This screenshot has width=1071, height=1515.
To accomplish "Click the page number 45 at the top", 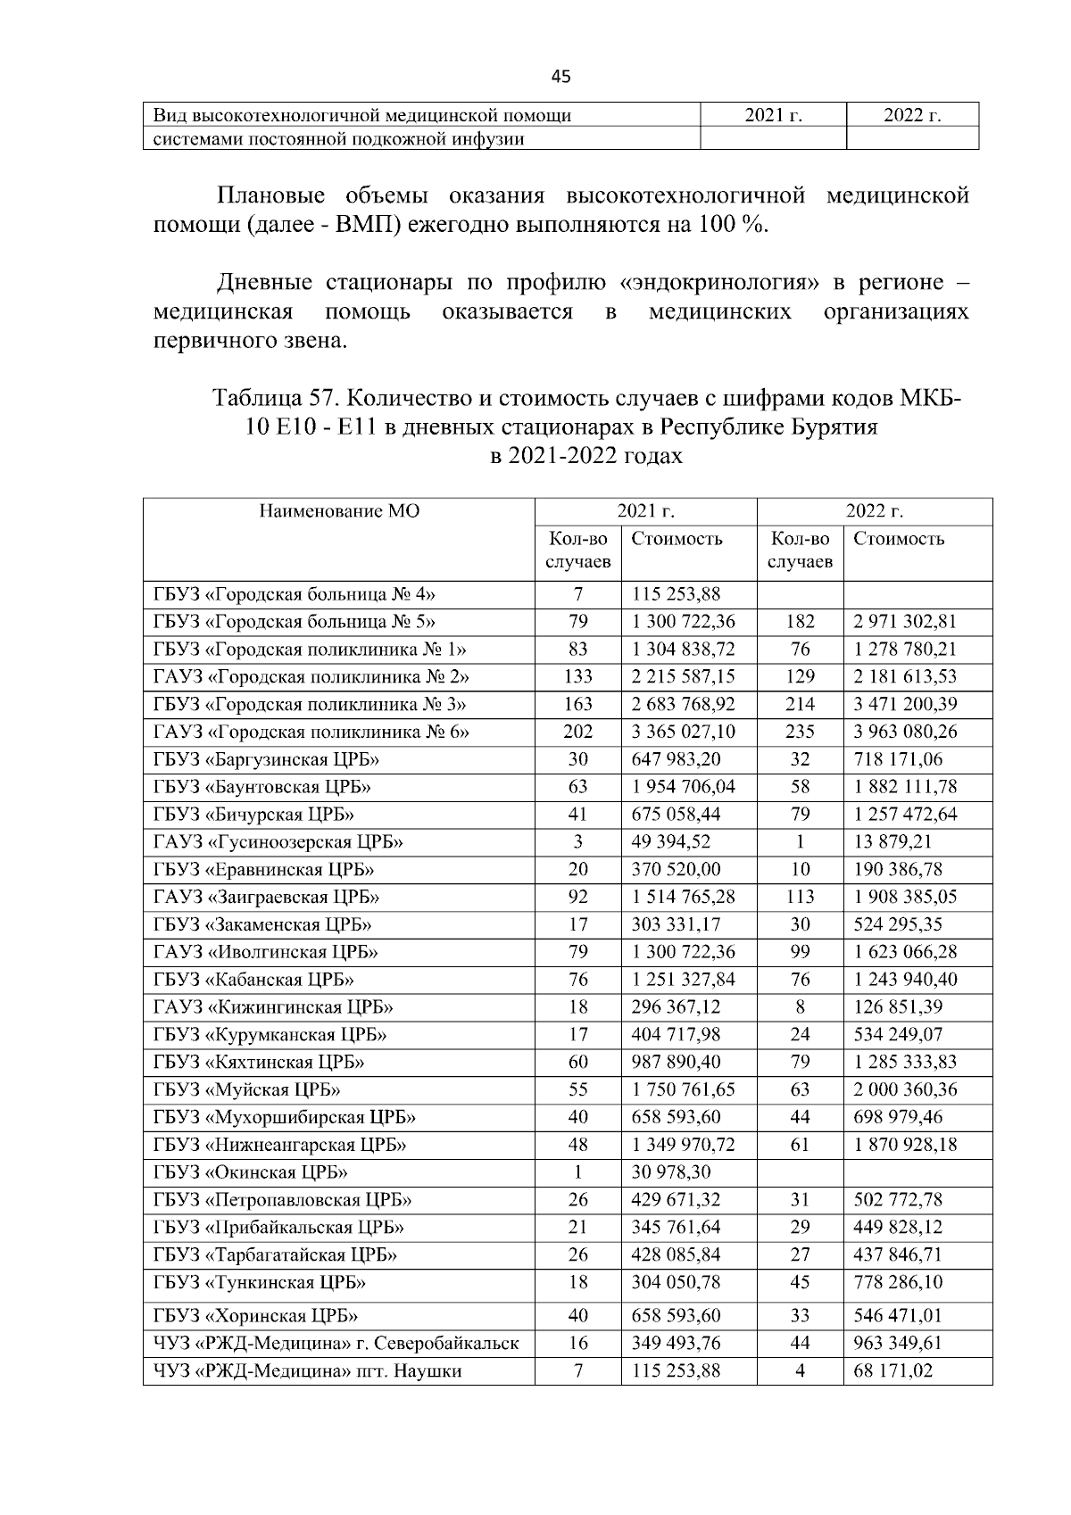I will pos(560,78).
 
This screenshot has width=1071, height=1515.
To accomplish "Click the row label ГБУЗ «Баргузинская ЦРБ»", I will pos(266,759).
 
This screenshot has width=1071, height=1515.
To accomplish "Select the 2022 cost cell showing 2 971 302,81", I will pos(905,622).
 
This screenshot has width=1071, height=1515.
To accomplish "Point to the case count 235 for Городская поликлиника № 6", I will pos(800,733).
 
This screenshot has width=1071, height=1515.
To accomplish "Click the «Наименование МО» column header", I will pos(339,511).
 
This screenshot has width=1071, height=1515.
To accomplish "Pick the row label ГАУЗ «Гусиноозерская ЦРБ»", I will pos(278,842).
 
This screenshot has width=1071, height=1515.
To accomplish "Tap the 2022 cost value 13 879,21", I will pos(892,842).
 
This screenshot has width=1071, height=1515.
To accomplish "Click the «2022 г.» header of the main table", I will pos(874,511).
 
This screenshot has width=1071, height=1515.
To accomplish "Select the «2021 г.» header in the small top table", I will pos(773,115).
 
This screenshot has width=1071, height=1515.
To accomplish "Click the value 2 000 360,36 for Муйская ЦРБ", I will pos(905,1089).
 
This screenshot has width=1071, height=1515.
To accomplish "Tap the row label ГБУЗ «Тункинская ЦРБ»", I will pos(260,1283).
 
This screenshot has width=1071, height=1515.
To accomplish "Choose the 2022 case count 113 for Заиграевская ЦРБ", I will pos(800,898).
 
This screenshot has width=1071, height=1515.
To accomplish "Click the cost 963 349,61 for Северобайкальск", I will pos(899,1343).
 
